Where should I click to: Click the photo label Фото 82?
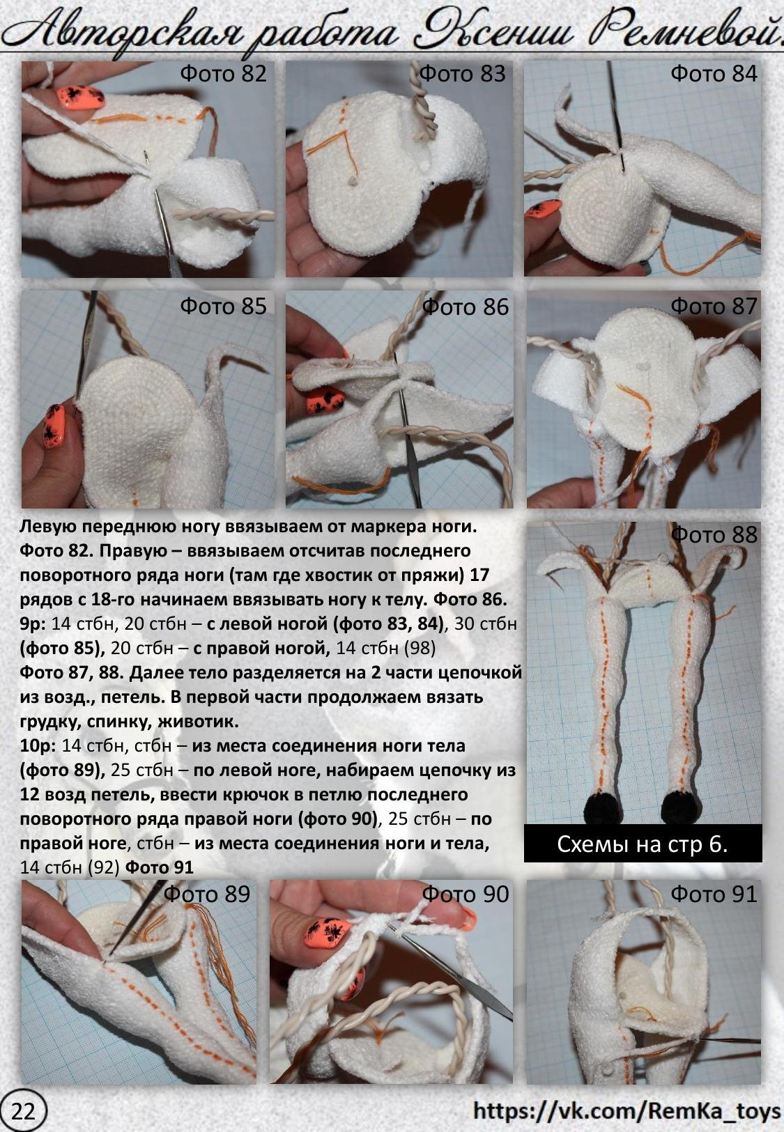pyautogui.click(x=223, y=74)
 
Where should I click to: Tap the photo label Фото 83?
pyautogui.click(x=462, y=74)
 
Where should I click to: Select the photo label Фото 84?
pyautogui.click(x=714, y=74)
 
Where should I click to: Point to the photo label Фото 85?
pyautogui.click(x=223, y=307)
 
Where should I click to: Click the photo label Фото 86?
pyautogui.click(x=465, y=307)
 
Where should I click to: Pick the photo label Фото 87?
pyautogui.click(x=714, y=307)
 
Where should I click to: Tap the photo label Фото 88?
pyautogui.click(x=714, y=535)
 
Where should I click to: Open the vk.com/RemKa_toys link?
pyautogui.click(x=627, y=1111)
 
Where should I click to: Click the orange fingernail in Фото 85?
pyautogui.click(x=54, y=426)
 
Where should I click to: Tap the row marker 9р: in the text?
pyautogui.click(x=33, y=623)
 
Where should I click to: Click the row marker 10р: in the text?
pyautogui.click(x=38, y=745)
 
